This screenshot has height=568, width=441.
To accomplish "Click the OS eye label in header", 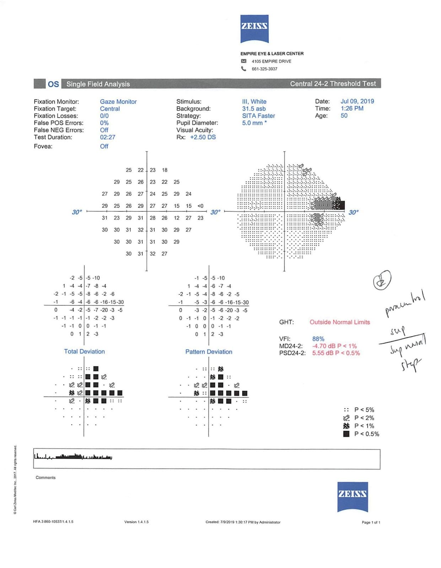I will coord(53,84).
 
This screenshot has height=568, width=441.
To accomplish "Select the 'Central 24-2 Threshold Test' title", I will coord(333,84).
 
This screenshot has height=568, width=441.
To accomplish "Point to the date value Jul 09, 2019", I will coord(357,101).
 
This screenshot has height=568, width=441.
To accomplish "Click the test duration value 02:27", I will coord(107,137).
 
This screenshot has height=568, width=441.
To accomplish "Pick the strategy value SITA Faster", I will coord(258,116).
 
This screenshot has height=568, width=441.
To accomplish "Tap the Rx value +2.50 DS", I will coord(203,137).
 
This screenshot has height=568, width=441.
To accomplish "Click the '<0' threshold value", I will coord(200,206).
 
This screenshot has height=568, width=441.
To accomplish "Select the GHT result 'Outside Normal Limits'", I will coord(339,322).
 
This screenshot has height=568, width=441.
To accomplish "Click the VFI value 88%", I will coord(318,339).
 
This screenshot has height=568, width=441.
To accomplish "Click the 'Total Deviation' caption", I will coord(84,351).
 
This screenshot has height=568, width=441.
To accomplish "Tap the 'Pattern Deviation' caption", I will coord(209,352).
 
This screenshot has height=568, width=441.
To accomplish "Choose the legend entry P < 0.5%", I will coord(366,434).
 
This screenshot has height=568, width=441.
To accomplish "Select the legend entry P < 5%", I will coord(364,410).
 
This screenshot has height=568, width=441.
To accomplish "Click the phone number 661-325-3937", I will coord(264,69).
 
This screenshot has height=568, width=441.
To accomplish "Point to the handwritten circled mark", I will coord(382,280).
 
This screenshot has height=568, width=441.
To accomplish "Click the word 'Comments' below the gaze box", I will coord(45,477).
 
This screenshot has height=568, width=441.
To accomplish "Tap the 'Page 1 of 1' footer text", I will coord(371,522).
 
